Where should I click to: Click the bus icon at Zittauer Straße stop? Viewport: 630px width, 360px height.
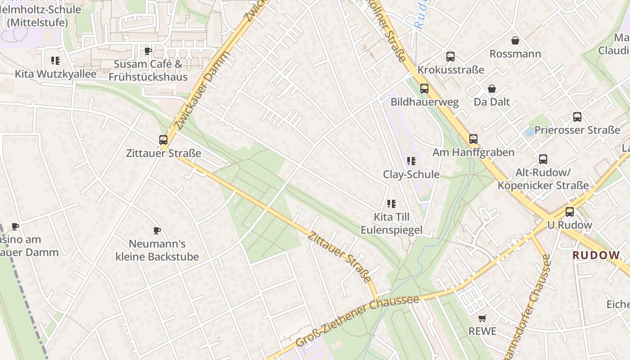[163, 140]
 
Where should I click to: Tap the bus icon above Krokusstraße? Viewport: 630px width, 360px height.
[450, 57]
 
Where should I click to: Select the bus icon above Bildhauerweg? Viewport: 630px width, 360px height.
[424, 89]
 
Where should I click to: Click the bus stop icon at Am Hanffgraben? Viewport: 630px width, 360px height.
[473, 139]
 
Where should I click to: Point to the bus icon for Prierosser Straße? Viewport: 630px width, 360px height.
[577, 117]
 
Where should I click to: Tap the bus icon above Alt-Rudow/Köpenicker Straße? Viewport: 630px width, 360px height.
[543, 159]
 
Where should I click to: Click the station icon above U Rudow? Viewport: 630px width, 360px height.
[570, 211]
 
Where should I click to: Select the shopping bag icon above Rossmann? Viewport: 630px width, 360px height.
[515, 40]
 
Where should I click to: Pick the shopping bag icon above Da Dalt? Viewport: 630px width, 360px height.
[492, 89]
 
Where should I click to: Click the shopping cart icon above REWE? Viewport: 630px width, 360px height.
[482, 318]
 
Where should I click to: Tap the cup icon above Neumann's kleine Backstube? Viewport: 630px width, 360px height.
[157, 230]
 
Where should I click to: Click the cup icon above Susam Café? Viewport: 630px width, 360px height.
[148, 51]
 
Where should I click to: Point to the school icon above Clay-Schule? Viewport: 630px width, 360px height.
[411, 161]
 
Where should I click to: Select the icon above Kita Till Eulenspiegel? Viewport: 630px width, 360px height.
[391, 204]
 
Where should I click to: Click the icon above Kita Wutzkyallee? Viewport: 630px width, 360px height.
[55, 60]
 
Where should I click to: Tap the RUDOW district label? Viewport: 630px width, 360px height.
[596, 255]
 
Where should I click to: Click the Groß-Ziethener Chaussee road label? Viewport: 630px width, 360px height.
[358, 321]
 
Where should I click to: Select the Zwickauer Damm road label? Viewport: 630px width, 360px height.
[203, 90]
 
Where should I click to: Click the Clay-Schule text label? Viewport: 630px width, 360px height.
[411, 174]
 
